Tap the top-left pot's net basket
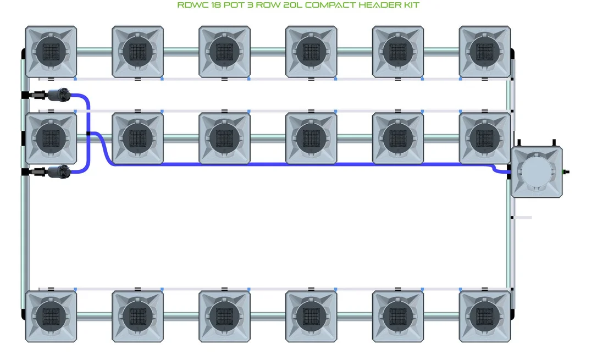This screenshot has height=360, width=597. click(51, 52)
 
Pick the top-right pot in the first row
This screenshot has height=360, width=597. click(485, 52)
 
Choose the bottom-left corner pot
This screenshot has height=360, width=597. click(51, 317)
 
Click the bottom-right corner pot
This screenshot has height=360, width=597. click(485, 317)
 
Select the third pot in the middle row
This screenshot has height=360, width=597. click(225, 138)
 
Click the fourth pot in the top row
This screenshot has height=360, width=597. click(311, 52)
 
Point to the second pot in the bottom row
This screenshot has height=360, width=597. click(138, 317)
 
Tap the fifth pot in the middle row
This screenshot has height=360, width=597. click(398, 138)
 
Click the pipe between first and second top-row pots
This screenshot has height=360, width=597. click(95, 52)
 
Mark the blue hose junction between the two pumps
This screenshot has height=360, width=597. click(89, 133)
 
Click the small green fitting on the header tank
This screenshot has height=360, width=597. click(566, 172)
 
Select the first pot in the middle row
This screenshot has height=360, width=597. click(51, 138)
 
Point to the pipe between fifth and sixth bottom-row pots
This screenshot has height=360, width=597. click(441, 317)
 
